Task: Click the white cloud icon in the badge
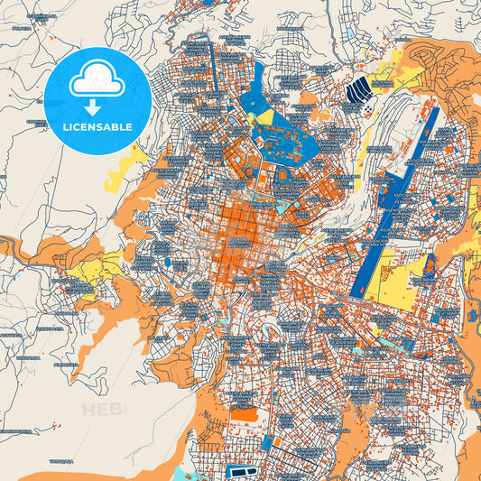click(x=97, y=82)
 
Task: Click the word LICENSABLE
click(x=97, y=127)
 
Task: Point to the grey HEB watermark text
click(x=104, y=411)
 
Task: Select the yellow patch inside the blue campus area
click(x=264, y=116)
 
